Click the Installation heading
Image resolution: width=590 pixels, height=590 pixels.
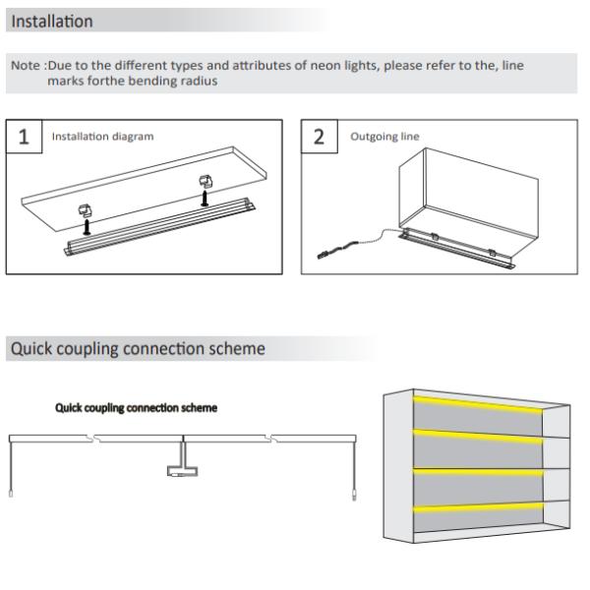coord(52,21)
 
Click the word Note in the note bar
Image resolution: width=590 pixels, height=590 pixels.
coord(26,66)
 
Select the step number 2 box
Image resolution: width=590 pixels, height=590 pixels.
coord(320,137)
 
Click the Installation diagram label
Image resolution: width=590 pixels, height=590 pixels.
coord(102,137)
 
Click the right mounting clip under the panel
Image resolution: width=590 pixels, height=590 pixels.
coord(205,183)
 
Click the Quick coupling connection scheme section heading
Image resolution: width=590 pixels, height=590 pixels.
coord(137,348)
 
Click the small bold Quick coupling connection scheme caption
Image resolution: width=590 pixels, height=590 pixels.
coord(137,408)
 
